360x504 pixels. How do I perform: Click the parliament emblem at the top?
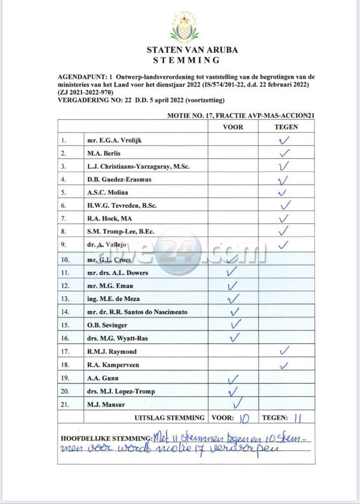[x=185, y=27]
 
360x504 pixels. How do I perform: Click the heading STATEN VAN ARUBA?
[x=185, y=50]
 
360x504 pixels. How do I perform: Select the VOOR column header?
[x=233, y=126]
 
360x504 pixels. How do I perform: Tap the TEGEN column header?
[x=286, y=126]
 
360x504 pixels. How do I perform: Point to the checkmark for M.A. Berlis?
[x=284, y=153]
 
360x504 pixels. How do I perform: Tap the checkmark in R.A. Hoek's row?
[x=284, y=218]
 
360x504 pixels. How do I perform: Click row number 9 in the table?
[x=64, y=244]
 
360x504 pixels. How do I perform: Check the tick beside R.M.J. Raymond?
[x=284, y=350]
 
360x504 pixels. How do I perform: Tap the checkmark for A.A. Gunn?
[x=233, y=378]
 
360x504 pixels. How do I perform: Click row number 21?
[x=65, y=405]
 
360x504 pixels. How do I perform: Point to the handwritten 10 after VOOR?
[x=244, y=418]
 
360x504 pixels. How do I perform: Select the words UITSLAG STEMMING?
[x=170, y=418]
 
